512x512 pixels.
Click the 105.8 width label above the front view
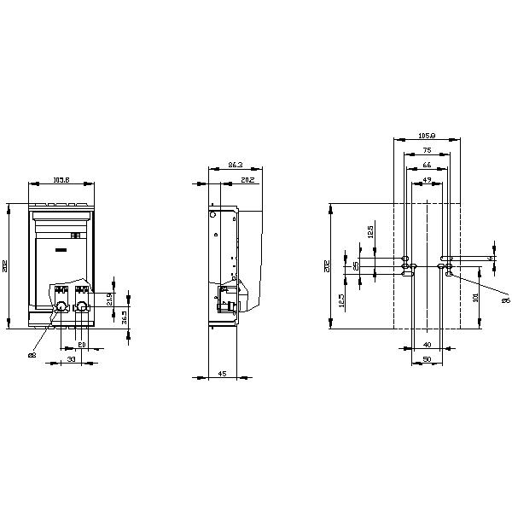click(x=61, y=180)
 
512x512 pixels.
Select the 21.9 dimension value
click(x=109, y=299)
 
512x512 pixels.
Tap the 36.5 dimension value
click(x=125, y=317)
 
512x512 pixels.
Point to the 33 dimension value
click(x=71, y=361)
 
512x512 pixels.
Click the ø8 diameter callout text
click(x=32, y=354)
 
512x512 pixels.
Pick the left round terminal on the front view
click(x=61, y=305)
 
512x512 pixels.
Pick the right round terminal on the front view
click(x=82, y=305)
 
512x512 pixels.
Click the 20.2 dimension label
click(x=246, y=180)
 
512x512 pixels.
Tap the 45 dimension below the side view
click(x=222, y=374)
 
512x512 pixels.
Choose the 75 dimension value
click(x=427, y=150)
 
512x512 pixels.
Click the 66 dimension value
click(x=427, y=165)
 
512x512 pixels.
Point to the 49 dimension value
click(x=427, y=179)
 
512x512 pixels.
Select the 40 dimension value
click(x=427, y=345)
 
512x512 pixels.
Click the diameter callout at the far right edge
click(x=504, y=300)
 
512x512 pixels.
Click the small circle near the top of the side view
click(x=213, y=217)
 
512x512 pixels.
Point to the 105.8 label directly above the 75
click(x=428, y=135)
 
